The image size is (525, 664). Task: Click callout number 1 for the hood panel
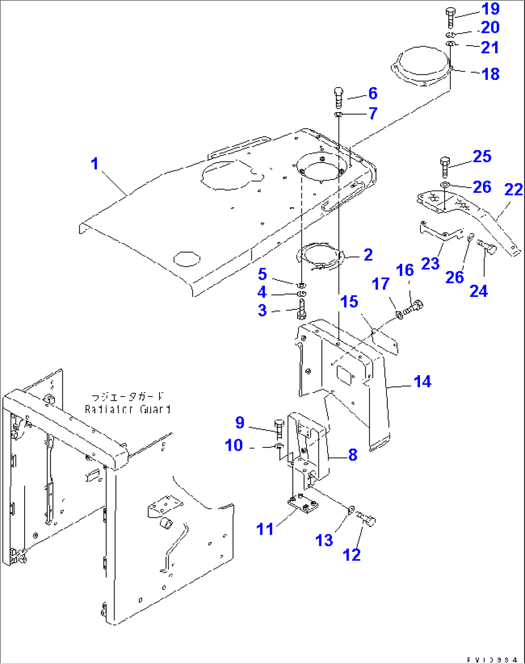coord(94,164)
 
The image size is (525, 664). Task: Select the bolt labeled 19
coord(450,17)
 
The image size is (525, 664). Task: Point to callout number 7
coord(373,114)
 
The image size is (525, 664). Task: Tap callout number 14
coord(422,382)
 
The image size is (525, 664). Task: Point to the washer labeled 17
coord(399,315)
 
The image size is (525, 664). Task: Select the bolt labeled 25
coord(445,166)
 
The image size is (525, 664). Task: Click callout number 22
coord(513,190)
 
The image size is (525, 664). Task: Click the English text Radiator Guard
coord(128,409)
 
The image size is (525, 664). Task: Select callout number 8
coord(353,455)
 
